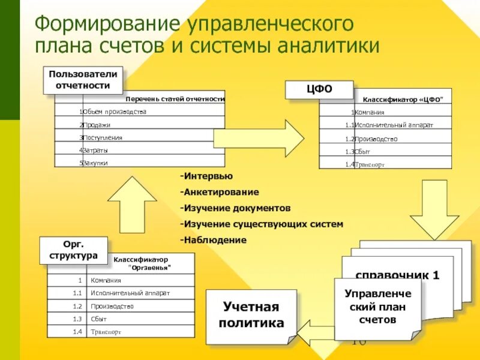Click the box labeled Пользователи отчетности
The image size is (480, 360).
coord(83,79)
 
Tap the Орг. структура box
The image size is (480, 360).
coord(73,250)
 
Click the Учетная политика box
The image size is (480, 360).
coord(251,316)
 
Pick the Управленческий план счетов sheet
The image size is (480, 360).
coord(378,307)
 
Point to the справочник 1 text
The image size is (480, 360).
coord(398,276)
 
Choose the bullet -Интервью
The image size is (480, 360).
coord(206,176)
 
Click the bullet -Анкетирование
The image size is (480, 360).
coord(219,192)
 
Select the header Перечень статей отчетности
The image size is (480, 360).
coord(175,99)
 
